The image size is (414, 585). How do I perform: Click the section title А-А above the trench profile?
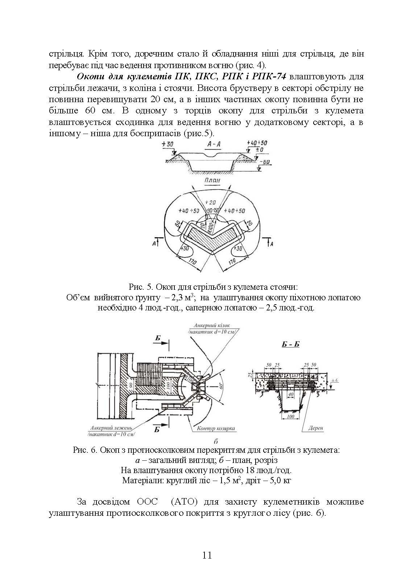[x=214, y=145]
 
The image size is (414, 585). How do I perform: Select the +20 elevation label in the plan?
[x=211, y=202]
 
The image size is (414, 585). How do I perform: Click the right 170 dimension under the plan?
[x=233, y=260]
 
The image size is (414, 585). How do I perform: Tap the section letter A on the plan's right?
[x=271, y=245]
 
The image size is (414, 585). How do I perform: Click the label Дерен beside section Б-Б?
[x=316, y=428]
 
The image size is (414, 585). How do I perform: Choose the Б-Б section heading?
[x=290, y=344]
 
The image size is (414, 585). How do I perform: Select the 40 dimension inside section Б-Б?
[x=290, y=393]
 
